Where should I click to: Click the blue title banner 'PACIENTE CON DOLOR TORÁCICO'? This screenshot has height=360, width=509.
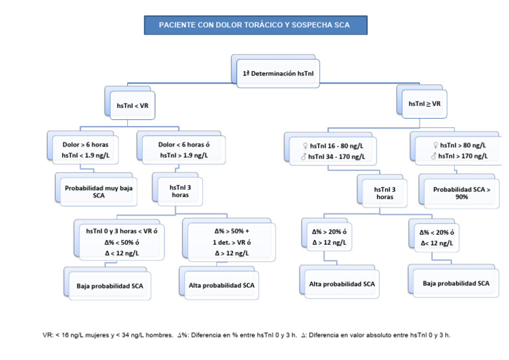tap(255, 25)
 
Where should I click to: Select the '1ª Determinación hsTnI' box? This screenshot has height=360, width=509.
tap(278, 74)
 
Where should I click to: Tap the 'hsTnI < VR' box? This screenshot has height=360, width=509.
tap(136, 105)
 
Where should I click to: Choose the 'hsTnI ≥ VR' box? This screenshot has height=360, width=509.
tap(424, 103)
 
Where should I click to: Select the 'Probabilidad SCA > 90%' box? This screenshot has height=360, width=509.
tap(461, 193)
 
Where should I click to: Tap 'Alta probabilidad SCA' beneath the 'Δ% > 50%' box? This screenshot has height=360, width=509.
tap(217, 286)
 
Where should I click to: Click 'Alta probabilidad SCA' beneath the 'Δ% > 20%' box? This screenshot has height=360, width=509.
tap(342, 284)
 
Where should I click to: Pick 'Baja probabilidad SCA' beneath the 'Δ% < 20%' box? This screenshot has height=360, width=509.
tap(456, 283)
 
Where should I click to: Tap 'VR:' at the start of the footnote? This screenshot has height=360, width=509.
tap(48, 335)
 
